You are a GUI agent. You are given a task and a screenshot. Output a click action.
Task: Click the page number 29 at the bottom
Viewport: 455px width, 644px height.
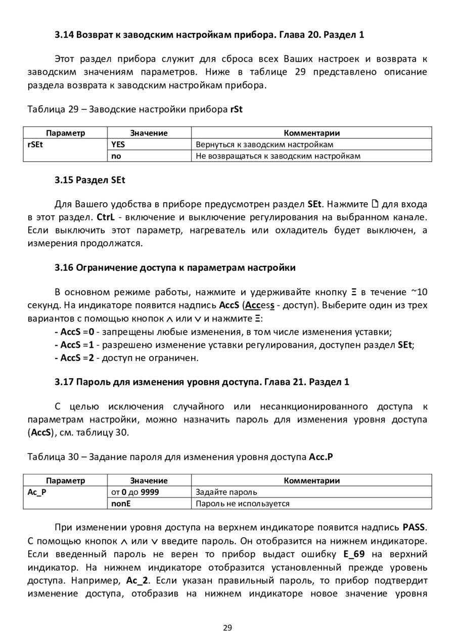click(x=227, y=628)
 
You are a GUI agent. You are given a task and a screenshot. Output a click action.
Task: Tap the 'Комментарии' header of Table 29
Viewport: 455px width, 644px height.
click(x=311, y=133)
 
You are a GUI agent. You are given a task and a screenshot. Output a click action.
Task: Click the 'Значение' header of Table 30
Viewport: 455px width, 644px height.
click(x=149, y=480)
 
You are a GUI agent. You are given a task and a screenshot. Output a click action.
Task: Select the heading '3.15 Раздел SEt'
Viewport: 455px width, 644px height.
click(x=89, y=180)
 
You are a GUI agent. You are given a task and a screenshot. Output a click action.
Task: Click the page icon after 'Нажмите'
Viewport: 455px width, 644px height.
click(x=375, y=204)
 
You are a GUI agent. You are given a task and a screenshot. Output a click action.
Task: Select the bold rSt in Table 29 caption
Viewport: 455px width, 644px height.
click(x=236, y=109)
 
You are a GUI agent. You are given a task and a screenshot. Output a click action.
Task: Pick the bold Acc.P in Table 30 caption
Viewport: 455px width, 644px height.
click(x=322, y=457)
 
